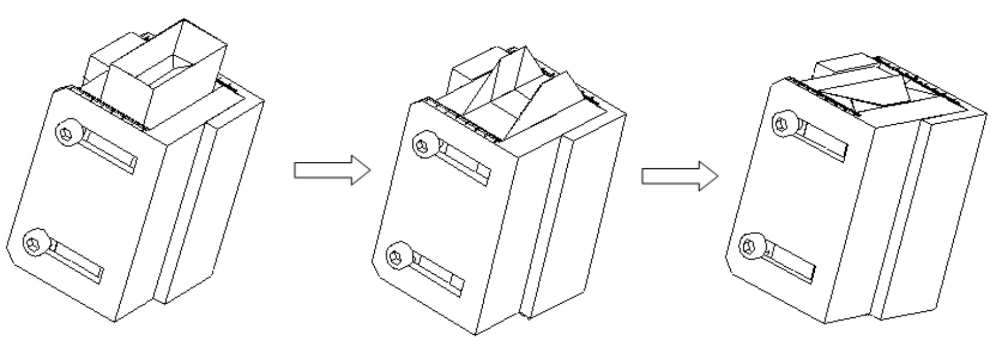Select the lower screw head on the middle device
(x=398, y=256)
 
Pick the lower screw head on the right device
(x=751, y=245)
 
